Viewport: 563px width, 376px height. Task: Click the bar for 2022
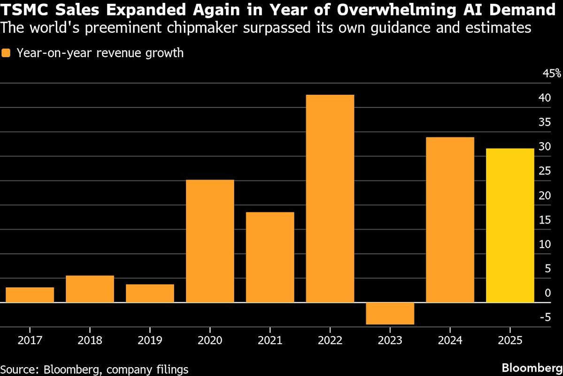(330, 198)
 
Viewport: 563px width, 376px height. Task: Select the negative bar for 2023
(390, 313)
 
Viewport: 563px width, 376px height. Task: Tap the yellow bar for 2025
(510, 225)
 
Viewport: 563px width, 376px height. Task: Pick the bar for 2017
(30, 295)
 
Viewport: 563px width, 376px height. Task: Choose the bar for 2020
(210, 241)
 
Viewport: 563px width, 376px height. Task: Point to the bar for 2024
(450, 219)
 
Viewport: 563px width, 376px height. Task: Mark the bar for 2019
(150, 293)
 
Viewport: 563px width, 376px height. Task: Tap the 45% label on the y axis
(551, 73)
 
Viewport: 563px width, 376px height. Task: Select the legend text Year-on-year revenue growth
(100, 53)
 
